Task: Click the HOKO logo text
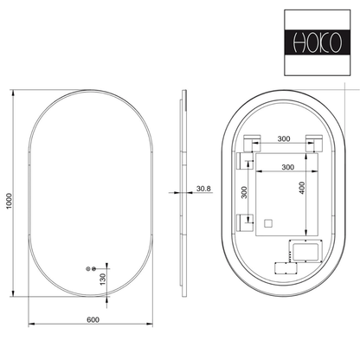(x=318, y=42)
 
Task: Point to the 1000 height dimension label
(x=9, y=201)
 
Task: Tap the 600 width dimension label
(x=93, y=319)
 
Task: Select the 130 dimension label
(x=103, y=280)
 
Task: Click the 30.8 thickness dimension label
(x=203, y=189)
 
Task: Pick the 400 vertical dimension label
(x=302, y=188)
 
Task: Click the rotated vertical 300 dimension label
(x=244, y=192)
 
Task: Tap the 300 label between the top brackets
(x=284, y=138)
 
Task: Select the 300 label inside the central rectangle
(x=288, y=167)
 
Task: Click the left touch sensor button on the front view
(x=88, y=269)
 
